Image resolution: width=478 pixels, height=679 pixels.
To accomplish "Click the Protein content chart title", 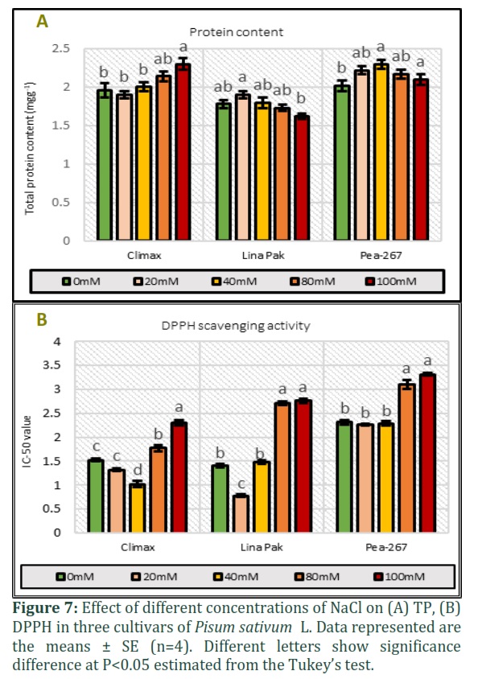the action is coord(237,32).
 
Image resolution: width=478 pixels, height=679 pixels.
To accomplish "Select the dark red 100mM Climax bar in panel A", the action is coord(183,151).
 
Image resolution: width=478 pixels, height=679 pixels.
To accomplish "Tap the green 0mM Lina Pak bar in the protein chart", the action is coord(224,171).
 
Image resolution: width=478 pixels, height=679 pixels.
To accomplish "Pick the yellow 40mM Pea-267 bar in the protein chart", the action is coord(381,151).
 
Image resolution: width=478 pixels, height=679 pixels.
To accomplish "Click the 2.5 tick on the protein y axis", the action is coord(60,48).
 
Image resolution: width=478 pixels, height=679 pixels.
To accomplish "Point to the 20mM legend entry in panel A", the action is coord(156,282).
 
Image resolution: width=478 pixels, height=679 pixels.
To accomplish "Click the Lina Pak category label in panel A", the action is coord(263,256).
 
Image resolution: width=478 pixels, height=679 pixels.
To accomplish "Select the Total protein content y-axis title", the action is coord(30,148).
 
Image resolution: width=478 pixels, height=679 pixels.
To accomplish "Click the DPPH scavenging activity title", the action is coord(236,326).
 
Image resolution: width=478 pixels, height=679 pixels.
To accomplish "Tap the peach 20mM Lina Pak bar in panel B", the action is coord(241,513).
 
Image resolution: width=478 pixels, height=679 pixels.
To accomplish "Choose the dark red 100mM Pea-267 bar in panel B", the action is coord(428,453).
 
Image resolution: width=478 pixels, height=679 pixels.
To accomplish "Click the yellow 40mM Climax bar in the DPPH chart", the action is coord(138,508).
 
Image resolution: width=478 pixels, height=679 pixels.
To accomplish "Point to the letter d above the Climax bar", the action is coord(138,470).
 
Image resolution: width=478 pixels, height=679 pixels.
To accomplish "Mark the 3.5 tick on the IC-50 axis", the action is coord(52,365).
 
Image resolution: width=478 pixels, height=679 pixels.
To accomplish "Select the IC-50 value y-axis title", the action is coord(27,441).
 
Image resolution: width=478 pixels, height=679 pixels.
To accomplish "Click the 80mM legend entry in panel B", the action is coord(317,577).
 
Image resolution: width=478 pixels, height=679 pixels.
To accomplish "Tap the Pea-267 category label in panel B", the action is coord(386,547).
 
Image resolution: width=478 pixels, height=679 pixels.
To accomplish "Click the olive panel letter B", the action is coord(42,319).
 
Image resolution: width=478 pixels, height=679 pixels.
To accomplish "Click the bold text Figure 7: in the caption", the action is coord(45,608).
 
